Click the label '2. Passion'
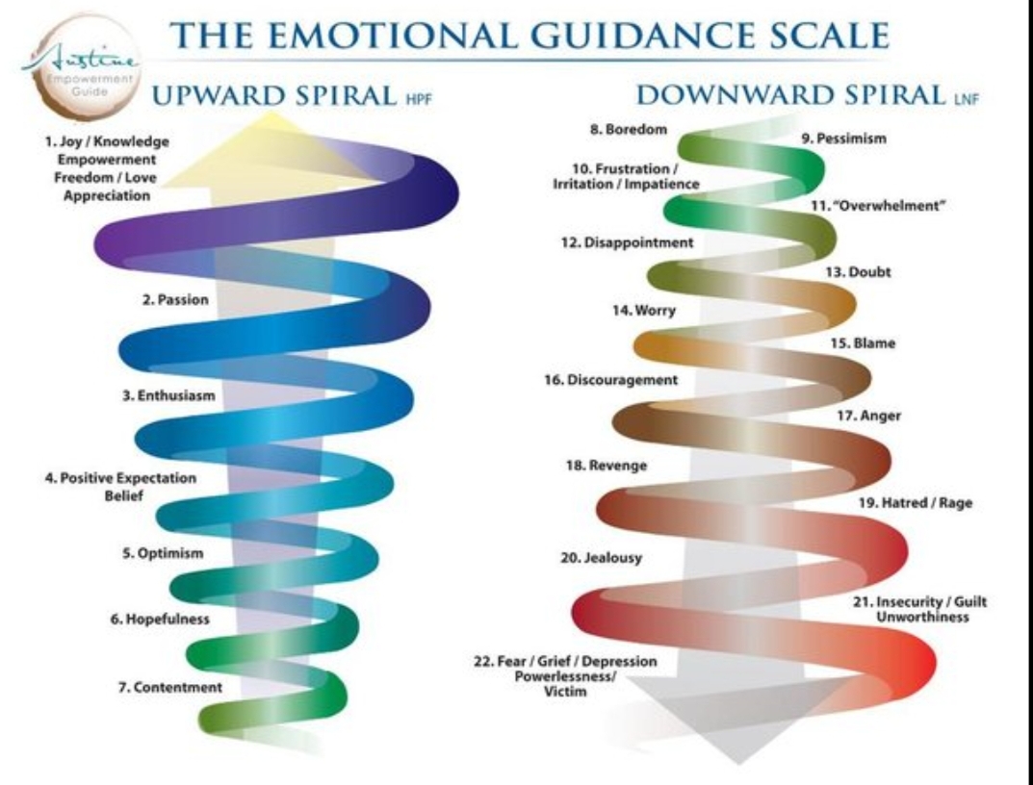(x=175, y=300)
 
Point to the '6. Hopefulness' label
(x=159, y=619)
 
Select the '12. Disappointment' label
(x=628, y=243)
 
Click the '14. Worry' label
(x=644, y=311)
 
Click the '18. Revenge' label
(x=606, y=466)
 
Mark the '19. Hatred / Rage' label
(x=915, y=503)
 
